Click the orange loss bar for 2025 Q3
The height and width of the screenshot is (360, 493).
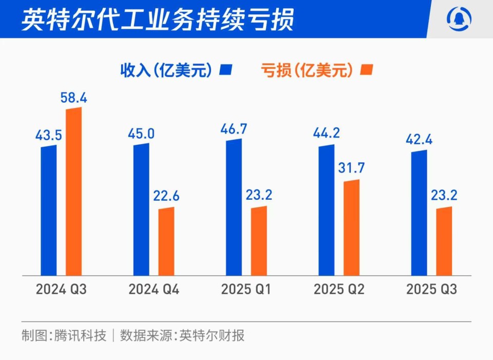[444, 241]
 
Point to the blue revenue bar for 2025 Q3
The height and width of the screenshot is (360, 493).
[419, 213]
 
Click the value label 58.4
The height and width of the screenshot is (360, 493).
[74, 98]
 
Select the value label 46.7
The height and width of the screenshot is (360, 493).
[234, 128]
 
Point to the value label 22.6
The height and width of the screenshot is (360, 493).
[166, 197]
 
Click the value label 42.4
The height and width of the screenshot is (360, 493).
[419, 140]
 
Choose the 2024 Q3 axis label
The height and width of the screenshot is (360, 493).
[61, 290]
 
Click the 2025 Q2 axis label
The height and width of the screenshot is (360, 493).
[339, 290]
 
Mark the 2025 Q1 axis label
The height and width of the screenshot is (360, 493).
[246, 290]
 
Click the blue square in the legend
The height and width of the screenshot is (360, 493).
[226, 70]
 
